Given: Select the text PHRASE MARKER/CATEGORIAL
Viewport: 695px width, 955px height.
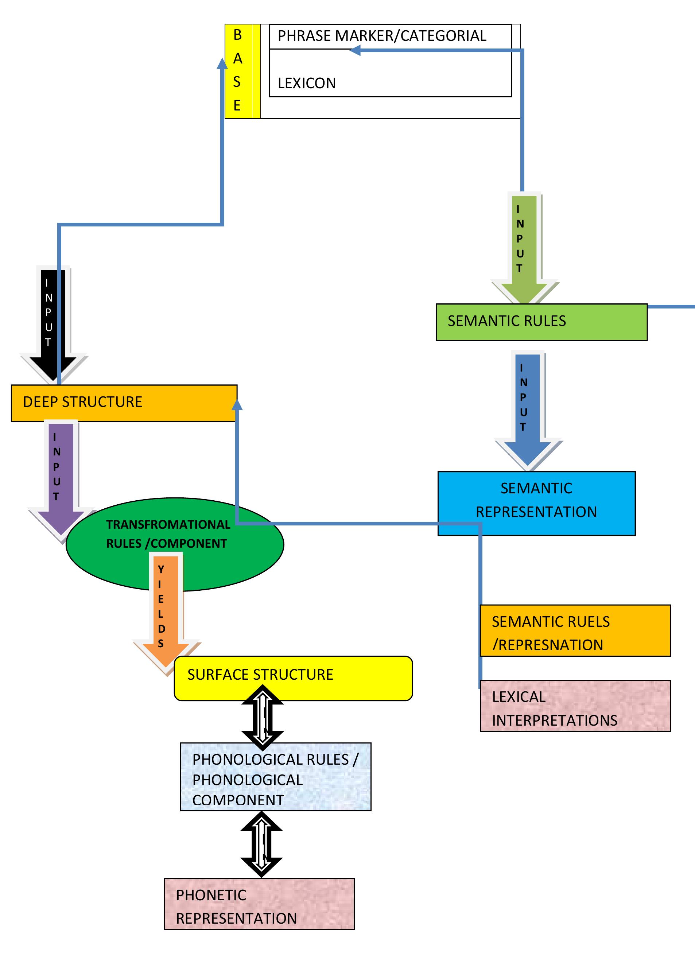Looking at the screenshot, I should (381, 36).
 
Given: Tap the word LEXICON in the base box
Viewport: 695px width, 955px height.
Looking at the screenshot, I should (306, 83).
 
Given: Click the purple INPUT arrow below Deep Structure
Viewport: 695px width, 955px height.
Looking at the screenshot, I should (61, 476).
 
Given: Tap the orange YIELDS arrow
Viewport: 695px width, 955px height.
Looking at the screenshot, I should (166, 610).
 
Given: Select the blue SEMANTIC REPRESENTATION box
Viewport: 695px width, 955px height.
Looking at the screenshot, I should (536, 503).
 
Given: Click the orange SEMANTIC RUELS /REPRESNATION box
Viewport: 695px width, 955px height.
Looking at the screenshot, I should (575, 630).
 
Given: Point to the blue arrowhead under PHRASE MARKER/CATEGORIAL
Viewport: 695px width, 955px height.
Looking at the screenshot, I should (356, 51).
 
